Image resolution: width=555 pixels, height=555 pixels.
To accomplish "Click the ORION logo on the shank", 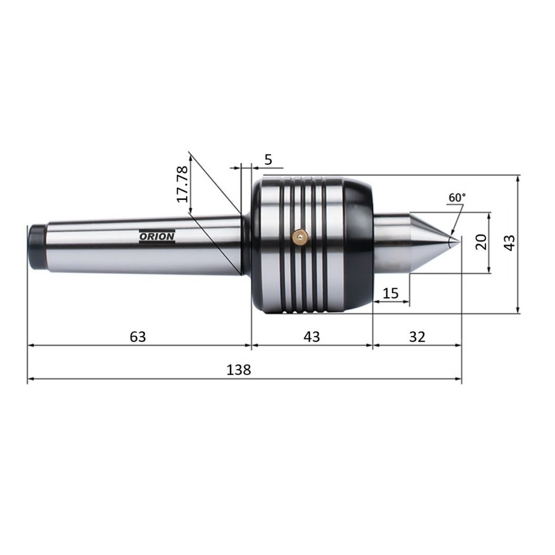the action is [157, 236].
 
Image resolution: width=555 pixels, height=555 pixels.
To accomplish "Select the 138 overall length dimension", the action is [239, 370].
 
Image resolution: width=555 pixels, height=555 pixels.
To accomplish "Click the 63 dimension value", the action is [138, 337].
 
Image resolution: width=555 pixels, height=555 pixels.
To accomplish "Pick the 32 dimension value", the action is [417, 337].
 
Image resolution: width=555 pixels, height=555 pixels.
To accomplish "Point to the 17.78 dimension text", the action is [182, 185].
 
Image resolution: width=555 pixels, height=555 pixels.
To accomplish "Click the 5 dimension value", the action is [268, 160].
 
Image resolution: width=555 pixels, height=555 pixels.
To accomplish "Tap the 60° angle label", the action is [457, 197].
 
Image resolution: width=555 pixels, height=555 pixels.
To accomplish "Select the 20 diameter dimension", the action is [481, 242].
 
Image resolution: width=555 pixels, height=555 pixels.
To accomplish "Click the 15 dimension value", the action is [390, 294].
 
